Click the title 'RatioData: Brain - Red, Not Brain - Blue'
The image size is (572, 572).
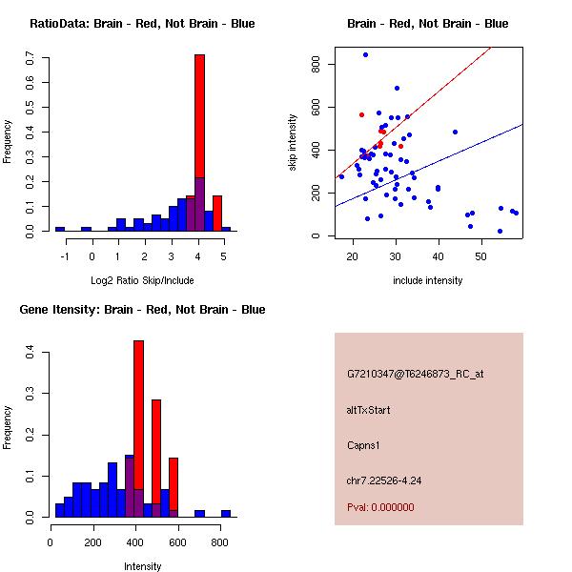point(142,24)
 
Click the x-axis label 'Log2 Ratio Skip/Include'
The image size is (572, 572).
point(142,279)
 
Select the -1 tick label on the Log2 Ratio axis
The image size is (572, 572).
point(65,255)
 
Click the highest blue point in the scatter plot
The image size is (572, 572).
point(365,54)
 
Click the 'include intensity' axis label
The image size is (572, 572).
point(428,280)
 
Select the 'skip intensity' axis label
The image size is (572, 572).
point(295,143)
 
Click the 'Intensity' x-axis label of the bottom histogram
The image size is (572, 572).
point(142,566)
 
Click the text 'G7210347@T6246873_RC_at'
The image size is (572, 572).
point(416,375)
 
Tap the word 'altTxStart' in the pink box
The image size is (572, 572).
point(369,411)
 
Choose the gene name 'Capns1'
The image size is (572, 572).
point(364,445)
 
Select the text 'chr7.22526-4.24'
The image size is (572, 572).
point(383,480)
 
